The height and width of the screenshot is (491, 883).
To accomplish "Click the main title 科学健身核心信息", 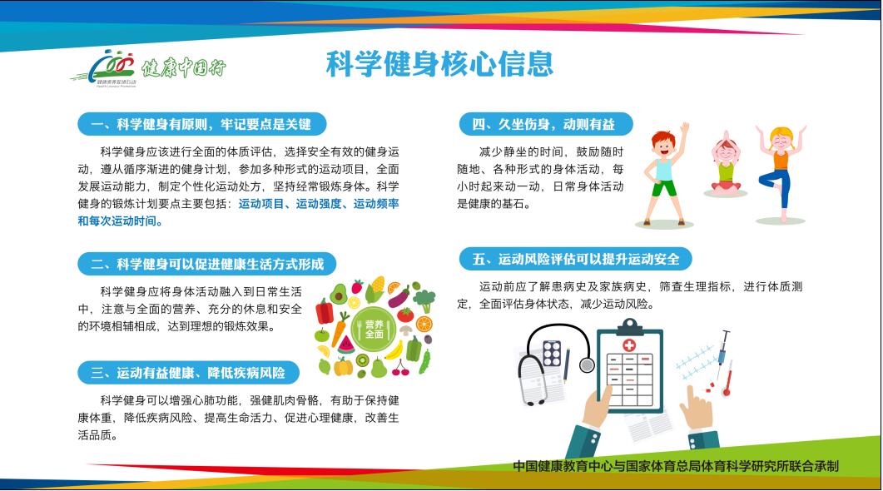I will point(439,64).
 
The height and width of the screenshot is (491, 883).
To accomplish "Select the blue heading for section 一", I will point(201,125).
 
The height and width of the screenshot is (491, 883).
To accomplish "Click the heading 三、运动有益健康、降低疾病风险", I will point(190,372).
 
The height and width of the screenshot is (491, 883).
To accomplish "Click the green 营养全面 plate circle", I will point(374,328).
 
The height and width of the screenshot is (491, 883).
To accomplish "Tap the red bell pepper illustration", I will point(325,312).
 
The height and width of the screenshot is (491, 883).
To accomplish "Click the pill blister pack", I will point(551,353).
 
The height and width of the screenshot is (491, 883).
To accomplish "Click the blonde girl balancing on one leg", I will point(781,170).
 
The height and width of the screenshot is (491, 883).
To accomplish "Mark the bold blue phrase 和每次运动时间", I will point(121,221).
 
